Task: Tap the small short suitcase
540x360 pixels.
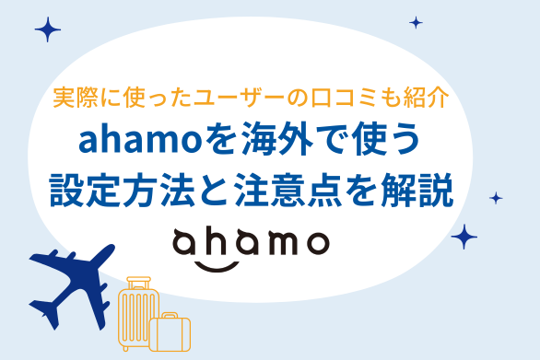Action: click(171, 332)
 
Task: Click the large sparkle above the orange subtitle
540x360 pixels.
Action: click(47, 29)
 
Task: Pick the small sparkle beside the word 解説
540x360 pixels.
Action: click(496, 197)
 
